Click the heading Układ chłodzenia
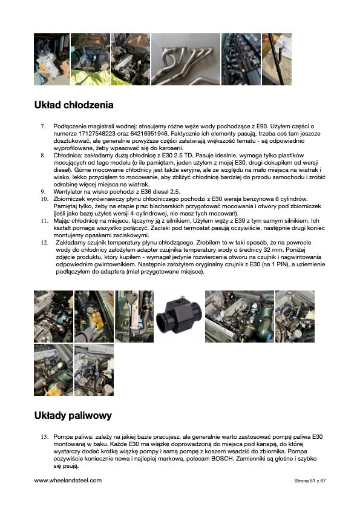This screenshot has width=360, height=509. pyautogui.click(x=74, y=105)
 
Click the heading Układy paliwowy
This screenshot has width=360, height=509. pyautogui.click(x=73, y=415)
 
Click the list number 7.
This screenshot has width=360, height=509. pyautogui.click(x=43, y=126)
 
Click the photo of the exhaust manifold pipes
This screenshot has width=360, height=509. pyautogui.click(x=185, y=59)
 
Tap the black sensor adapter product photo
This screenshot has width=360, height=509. pyautogui.click(x=179, y=317)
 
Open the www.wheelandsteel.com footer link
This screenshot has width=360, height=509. pyautogui.click(x=68, y=481)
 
